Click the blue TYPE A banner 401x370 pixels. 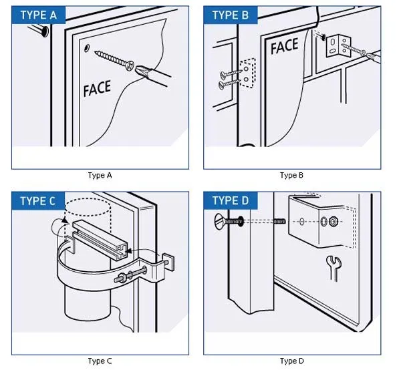pyautogui.click(x=38, y=15)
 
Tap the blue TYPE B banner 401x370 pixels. pyautogui.click(x=231, y=15)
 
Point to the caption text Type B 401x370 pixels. pyautogui.click(x=292, y=176)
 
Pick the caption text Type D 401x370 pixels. pyautogui.click(x=292, y=361)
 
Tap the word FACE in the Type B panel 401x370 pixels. pyautogui.click(x=284, y=46)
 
